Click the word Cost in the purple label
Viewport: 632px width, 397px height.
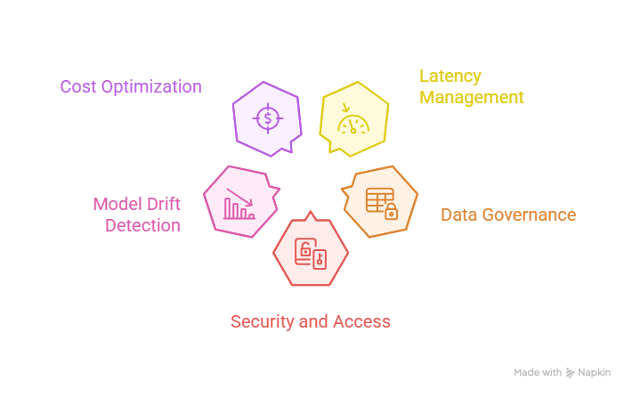pyautogui.click(x=77, y=87)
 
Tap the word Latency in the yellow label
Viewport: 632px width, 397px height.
pyautogui.click(x=450, y=77)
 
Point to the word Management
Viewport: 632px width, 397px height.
pyautogui.click(x=472, y=98)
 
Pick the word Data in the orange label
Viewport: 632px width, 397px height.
pyautogui.click(x=458, y=215)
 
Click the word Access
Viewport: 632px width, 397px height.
pyautogui.click(x=361, y=321)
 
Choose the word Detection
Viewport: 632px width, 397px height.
pyautogui.click(x=143, y=225)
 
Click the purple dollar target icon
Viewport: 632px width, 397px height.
pyautogui.click(x=266, y=117)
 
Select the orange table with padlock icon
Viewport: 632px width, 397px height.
pyautogui.click(x=380, y=202)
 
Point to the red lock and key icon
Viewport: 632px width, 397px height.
pyautogui.click(x=311, y=254)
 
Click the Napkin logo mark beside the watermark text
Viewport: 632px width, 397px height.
pyautogui.click(x=571, y=373)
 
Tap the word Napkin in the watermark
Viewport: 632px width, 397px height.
pyautogui.click(x=594, y=373)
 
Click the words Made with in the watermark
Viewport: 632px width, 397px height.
pyautogui.click(x=538, y=373)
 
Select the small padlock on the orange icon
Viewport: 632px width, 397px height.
pyautogui.click(x=390, y=212)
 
